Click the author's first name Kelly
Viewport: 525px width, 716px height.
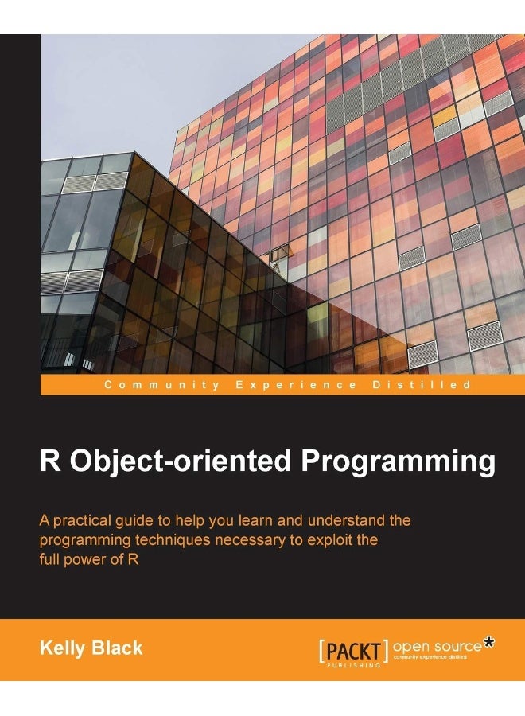click(x=61, y=648)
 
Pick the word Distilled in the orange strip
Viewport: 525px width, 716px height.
click(x=422, y=384)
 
